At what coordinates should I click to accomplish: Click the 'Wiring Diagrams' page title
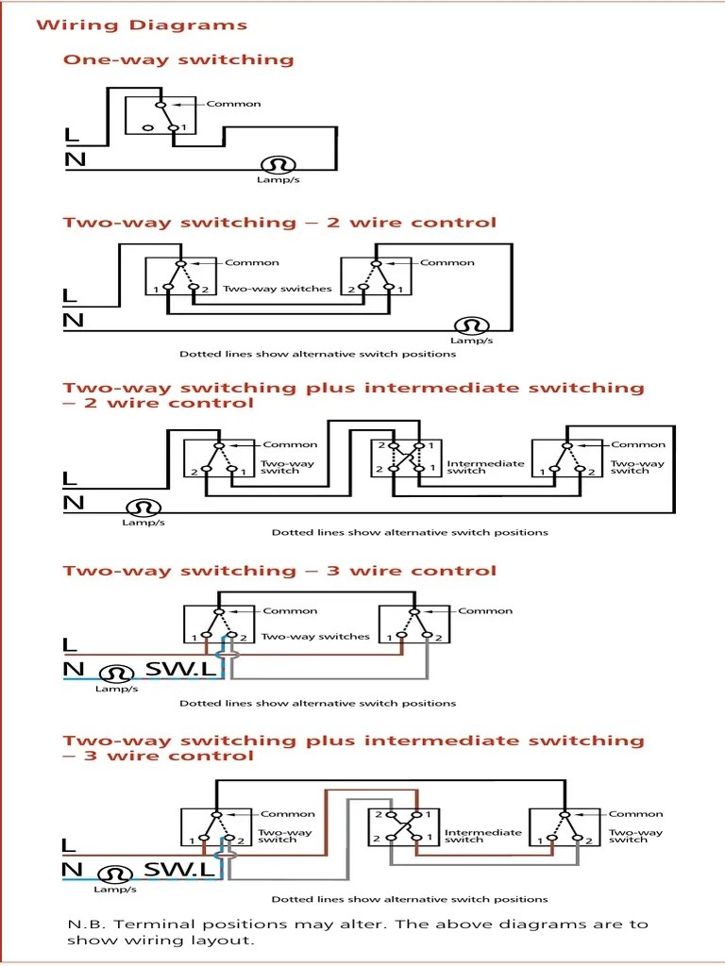tap(142, 25)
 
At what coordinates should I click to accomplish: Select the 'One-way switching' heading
tap(178, 60)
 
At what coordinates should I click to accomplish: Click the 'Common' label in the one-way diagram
tap(233, 104)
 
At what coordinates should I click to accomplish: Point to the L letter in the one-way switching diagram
tap(73, 136)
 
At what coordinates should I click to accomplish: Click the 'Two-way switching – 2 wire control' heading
tap(279, 224)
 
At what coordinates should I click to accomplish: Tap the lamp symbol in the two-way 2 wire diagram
tap(470, 325)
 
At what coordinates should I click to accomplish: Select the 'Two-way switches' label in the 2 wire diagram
tap(277, 289)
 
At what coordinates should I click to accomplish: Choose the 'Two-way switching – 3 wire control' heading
tap(279, 571)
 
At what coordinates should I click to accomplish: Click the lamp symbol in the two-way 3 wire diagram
tap(116, 674)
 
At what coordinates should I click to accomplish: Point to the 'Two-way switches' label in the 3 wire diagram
tap(315, 637)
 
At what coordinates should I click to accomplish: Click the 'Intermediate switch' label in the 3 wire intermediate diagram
tap(482, 836)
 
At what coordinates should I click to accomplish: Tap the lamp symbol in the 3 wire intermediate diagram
tap(115, 874)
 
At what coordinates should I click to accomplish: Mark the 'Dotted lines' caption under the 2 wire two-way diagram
tap(317, 355)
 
